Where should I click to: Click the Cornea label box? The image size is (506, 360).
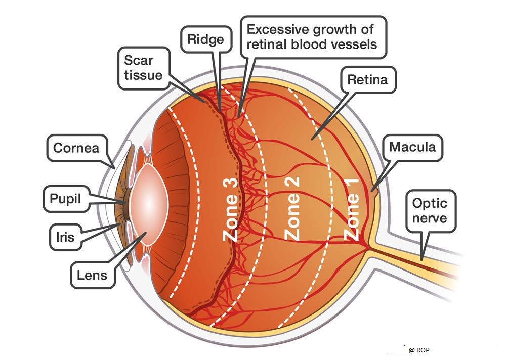click(x=77, y=148)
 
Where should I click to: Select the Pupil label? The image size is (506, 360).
click(x=66, y=199)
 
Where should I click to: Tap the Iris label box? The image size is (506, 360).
click(x=65, y=237)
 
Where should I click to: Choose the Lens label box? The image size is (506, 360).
click(x=92, y=275)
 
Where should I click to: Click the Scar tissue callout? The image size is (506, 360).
click(x=144, y=68)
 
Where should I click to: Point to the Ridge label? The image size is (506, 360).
click(x=206, y=39)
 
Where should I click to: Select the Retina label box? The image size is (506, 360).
click(x=367, y=80)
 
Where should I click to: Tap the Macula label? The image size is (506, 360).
click(x=412, y=147)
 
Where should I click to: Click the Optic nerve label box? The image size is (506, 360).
click(x=430, y=211)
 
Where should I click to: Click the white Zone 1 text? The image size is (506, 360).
click(x=352, y=210)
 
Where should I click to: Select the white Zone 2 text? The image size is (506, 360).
click(x=291, y=208)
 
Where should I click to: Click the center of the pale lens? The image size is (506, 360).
click(x=149, y=204)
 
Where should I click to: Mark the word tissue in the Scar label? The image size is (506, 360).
click(x=144, y=75)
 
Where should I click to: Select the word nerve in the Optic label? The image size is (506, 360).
click(x=430, y=218)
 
